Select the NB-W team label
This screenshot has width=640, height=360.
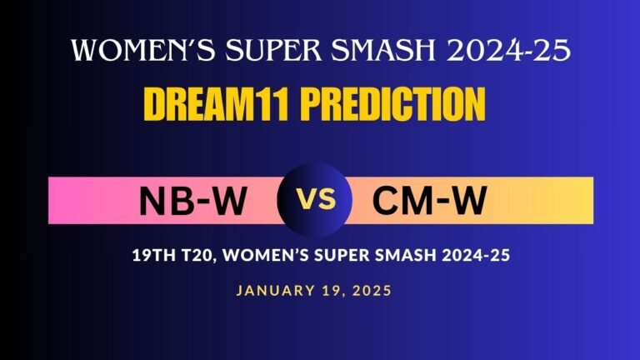[193, 201]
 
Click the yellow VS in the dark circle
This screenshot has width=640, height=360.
[317, 200]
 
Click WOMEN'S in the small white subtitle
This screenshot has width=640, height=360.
[259, 257]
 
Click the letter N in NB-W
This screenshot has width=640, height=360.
[153, 201]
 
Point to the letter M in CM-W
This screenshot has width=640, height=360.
[423, 201]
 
